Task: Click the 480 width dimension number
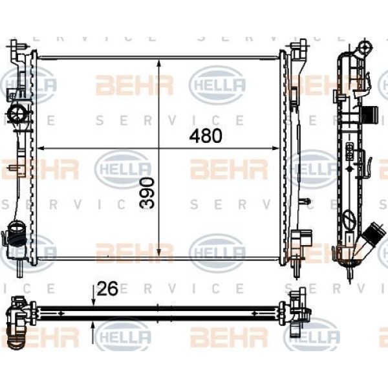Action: click(x=206, y=136)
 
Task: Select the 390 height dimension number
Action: click(x=148, y=192)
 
